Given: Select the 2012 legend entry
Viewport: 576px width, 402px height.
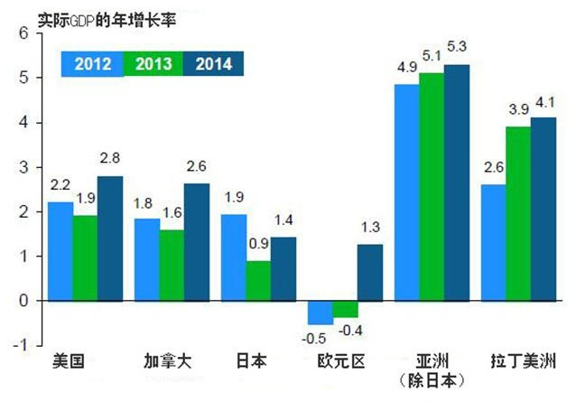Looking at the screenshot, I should pyautogui.click(x=92, y=63).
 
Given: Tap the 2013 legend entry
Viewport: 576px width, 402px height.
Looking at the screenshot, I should pyautogui.click(x=153, y=63).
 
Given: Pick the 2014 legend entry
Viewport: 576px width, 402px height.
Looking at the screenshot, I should pyautogui.click(x=213, y=63).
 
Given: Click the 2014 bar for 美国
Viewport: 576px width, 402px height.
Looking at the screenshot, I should pyautogui.click(x=110, y=238).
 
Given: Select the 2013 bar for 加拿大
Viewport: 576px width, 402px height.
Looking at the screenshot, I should pyautogui.click(x=172, y=266).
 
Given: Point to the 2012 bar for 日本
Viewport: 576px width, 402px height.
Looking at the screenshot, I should pyautogui.click(x=234, y=257).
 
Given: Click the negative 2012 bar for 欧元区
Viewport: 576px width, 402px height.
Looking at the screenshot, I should pyautogui.click(x=320, y=312).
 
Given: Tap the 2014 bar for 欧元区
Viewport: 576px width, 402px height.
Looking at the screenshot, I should pyautogui.click(x=369, y=272).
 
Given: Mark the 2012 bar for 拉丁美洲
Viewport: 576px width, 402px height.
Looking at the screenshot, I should pyautogui.click(x=493, y=242).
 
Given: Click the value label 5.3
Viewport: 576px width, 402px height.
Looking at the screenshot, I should pyautogui.click(x=458, y=45).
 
